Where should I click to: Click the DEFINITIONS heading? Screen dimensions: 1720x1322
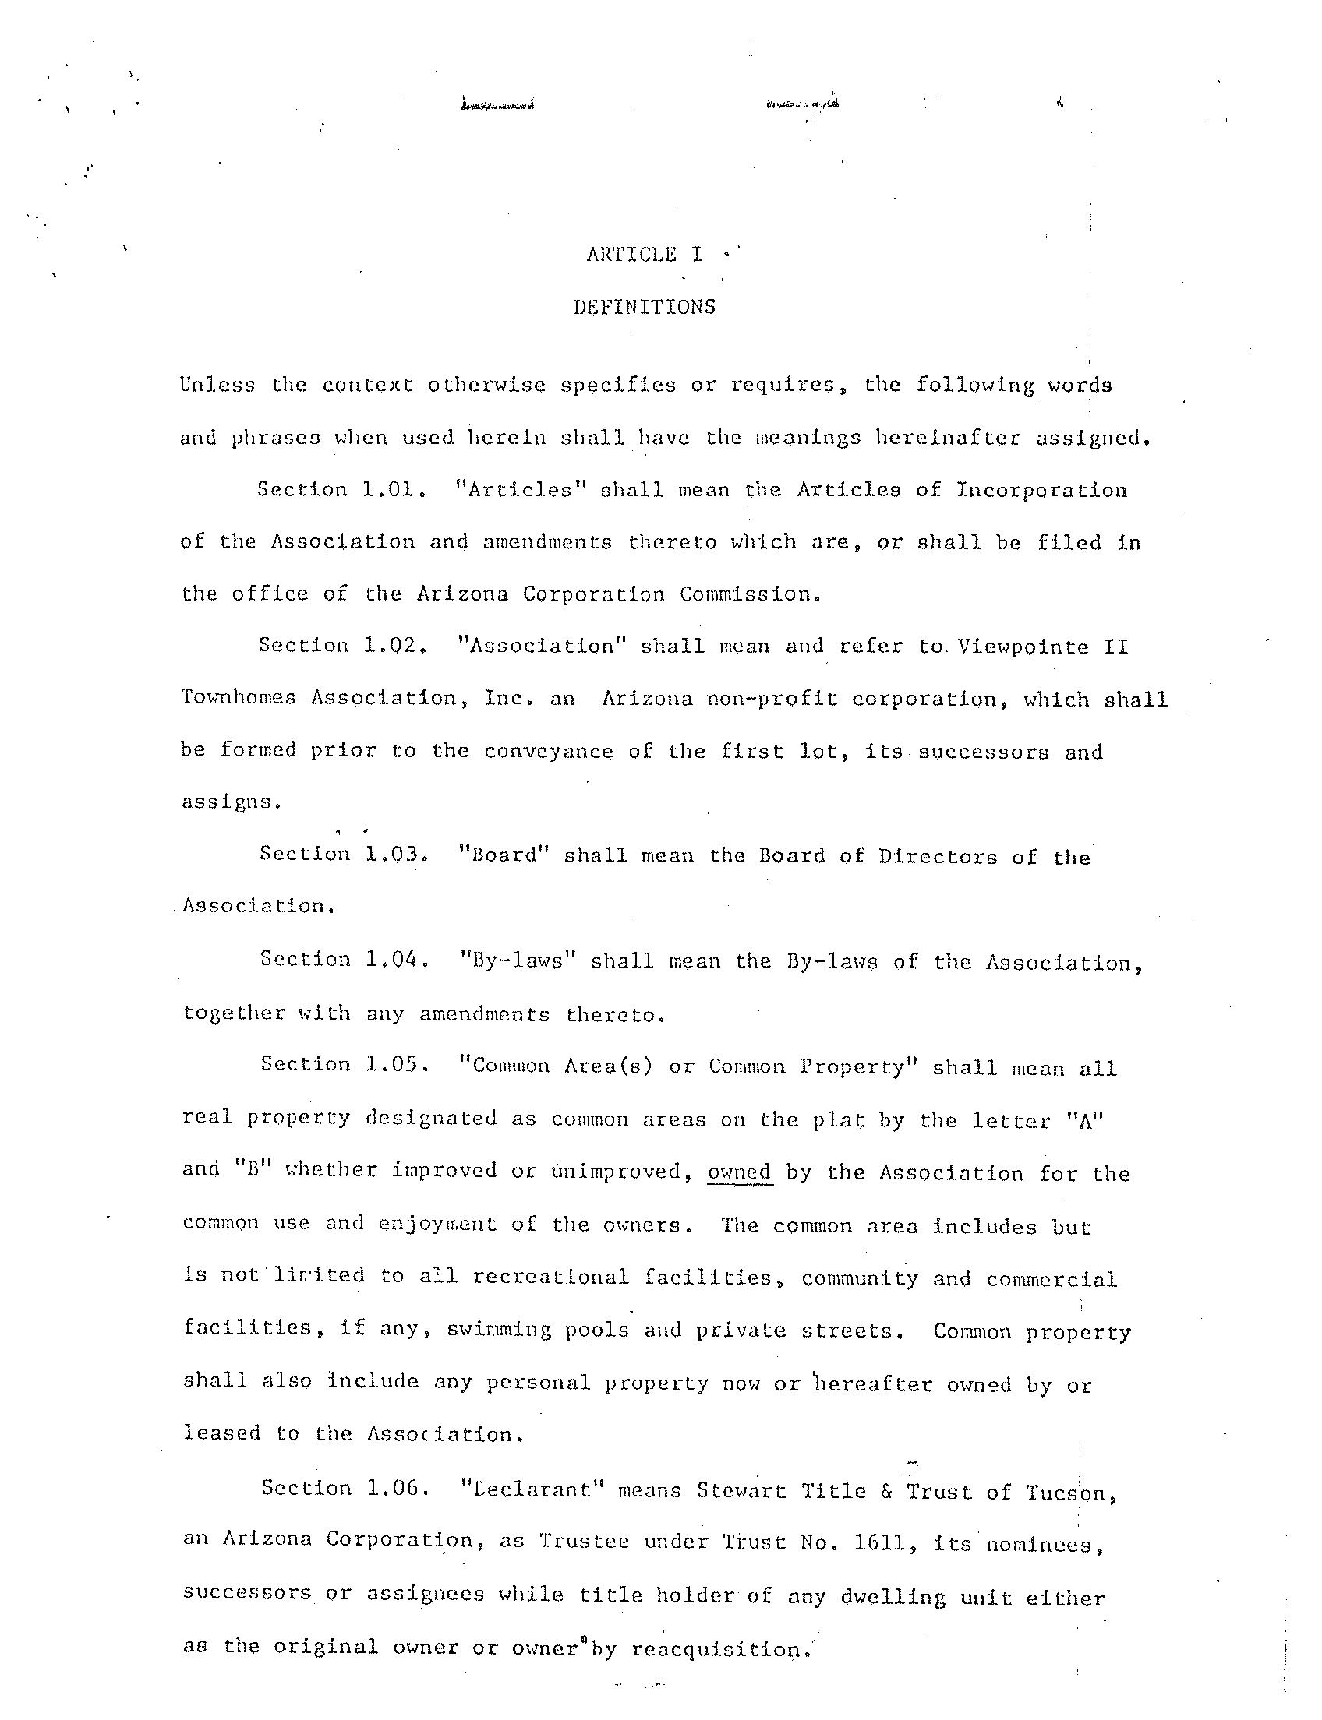click(645, 307)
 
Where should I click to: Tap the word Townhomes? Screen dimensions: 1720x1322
click(239, 699)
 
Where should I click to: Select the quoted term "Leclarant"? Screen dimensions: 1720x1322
click(531, 1490)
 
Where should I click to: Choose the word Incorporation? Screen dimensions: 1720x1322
click(1041, 490)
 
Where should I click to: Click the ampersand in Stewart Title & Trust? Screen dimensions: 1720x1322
click(886, 1491)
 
